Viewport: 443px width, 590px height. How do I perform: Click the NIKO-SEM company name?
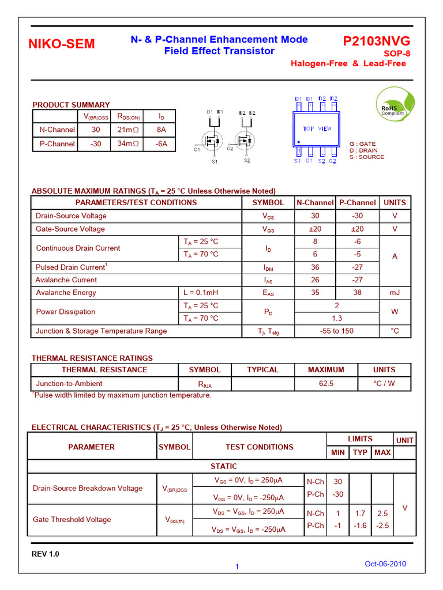[62, 44]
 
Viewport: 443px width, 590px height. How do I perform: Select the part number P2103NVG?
[377, 41]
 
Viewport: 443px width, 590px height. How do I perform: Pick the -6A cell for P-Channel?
[161, 144]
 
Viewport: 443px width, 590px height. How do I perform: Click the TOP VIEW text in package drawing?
[317, 129]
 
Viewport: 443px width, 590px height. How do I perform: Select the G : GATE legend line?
[362, 144]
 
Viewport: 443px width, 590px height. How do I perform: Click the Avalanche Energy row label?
[66, 293]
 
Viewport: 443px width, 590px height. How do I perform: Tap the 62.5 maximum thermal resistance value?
[326, 384]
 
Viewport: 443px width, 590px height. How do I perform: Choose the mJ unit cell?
[395, 293]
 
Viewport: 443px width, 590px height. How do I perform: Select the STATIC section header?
[223, 466]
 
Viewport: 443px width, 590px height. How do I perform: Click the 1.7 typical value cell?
[360, 513]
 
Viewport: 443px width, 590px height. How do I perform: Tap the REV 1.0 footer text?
[45, 554]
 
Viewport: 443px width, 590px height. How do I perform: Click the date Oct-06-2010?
[385, 564]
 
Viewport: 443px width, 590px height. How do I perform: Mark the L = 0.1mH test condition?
[201, 293]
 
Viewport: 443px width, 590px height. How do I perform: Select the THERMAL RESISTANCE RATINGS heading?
[92, 358]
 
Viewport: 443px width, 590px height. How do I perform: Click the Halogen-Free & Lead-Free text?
[348, 64]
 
